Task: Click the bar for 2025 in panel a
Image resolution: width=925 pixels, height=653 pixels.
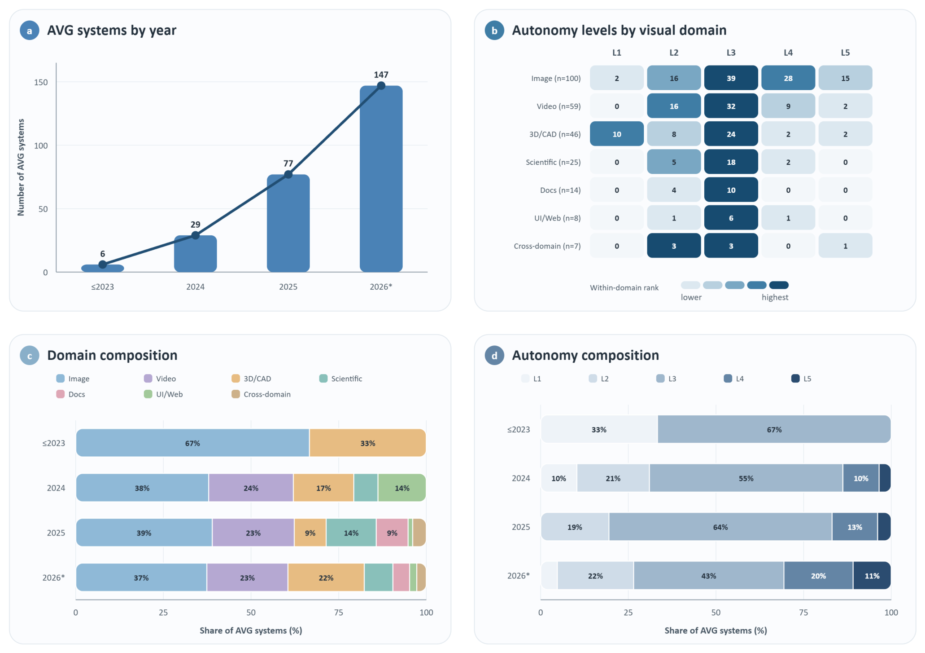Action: [288, 223]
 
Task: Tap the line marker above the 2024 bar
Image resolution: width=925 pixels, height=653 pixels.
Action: [195, 235]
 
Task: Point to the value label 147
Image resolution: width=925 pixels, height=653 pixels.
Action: [381, 75]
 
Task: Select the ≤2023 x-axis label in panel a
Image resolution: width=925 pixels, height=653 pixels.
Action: [102, 287]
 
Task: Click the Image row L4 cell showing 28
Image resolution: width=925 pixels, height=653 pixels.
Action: [788, 78]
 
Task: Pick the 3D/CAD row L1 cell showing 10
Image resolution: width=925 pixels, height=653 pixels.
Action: [616, 134]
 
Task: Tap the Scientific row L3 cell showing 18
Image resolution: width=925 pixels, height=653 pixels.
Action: [731, 162]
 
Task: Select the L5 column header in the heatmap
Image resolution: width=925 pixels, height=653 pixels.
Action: [845, 53]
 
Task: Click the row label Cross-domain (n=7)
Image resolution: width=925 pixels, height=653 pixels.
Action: [547, 246]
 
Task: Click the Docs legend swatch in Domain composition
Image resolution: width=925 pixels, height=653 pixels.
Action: [60, 394]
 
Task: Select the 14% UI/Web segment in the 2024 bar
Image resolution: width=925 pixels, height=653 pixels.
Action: [402, 488]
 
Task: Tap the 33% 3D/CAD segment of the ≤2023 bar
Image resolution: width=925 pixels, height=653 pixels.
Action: [368, 443]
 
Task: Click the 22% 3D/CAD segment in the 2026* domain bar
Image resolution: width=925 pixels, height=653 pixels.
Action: [326, 578]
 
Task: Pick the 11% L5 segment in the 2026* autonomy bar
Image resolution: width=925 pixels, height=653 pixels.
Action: [872, 575]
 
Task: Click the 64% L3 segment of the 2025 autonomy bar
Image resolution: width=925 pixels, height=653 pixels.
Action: [720, 527]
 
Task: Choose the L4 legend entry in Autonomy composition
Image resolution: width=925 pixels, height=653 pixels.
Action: [734, 379]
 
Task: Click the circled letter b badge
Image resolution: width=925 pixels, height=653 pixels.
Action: [494, 30]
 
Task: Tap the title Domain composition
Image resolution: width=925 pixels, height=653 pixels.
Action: [112, 355]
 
